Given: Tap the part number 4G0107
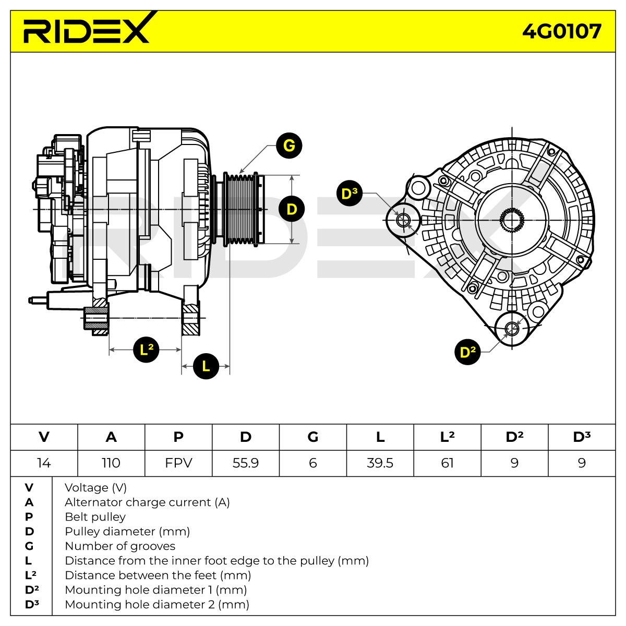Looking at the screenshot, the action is (562, 31).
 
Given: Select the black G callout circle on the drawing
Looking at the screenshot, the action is (289, 146).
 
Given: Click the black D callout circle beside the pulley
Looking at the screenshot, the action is (292, 209).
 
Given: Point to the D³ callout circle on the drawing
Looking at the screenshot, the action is (349, 194).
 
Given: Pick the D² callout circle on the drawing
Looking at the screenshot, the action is (467, 352).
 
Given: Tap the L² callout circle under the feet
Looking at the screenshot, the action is (146, 350).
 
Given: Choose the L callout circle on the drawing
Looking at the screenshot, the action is (206, 366).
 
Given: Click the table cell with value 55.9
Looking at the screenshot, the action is (246, 463).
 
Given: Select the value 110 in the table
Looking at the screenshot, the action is (111, 463).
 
